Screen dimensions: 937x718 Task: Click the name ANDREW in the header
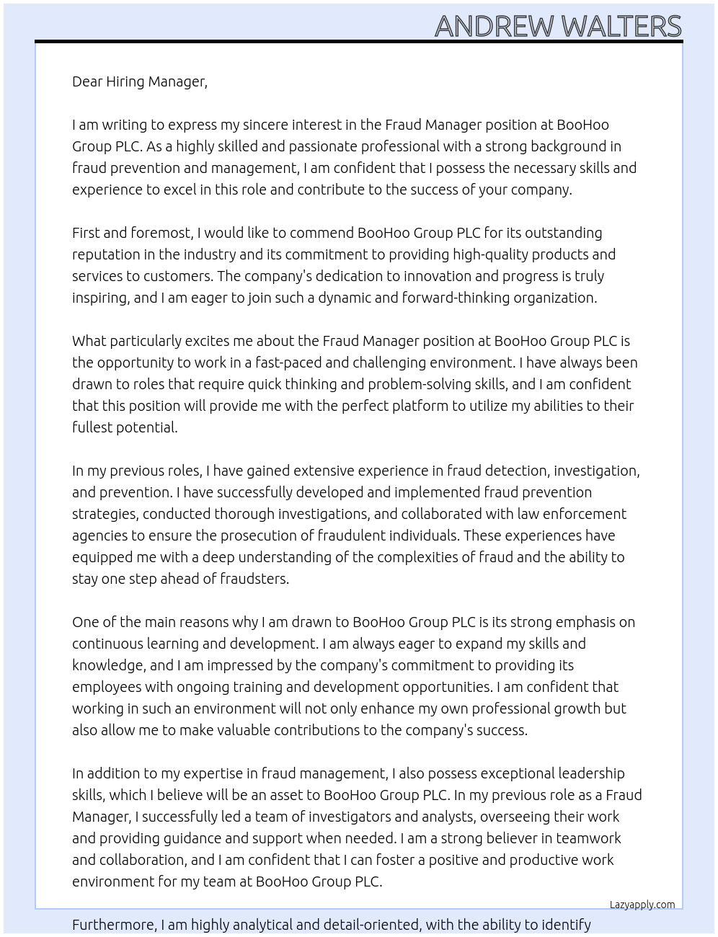[494, 27]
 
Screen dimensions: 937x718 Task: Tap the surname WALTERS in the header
[621, 27]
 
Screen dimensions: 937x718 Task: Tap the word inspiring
[100, 298]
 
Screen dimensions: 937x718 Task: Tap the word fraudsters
[252, 579]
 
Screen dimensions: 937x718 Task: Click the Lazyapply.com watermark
[642, 905]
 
